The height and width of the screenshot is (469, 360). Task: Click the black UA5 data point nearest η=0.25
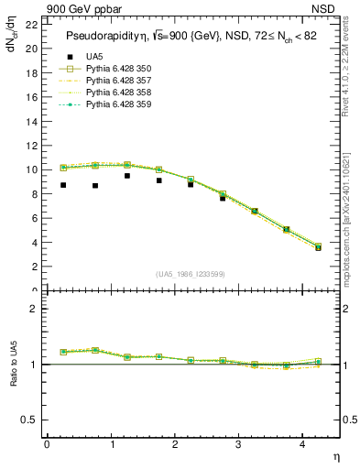pyautogui.click(x=63, y=185)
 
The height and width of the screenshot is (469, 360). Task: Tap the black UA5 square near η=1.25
pyautogui.click(x=127, y=176)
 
